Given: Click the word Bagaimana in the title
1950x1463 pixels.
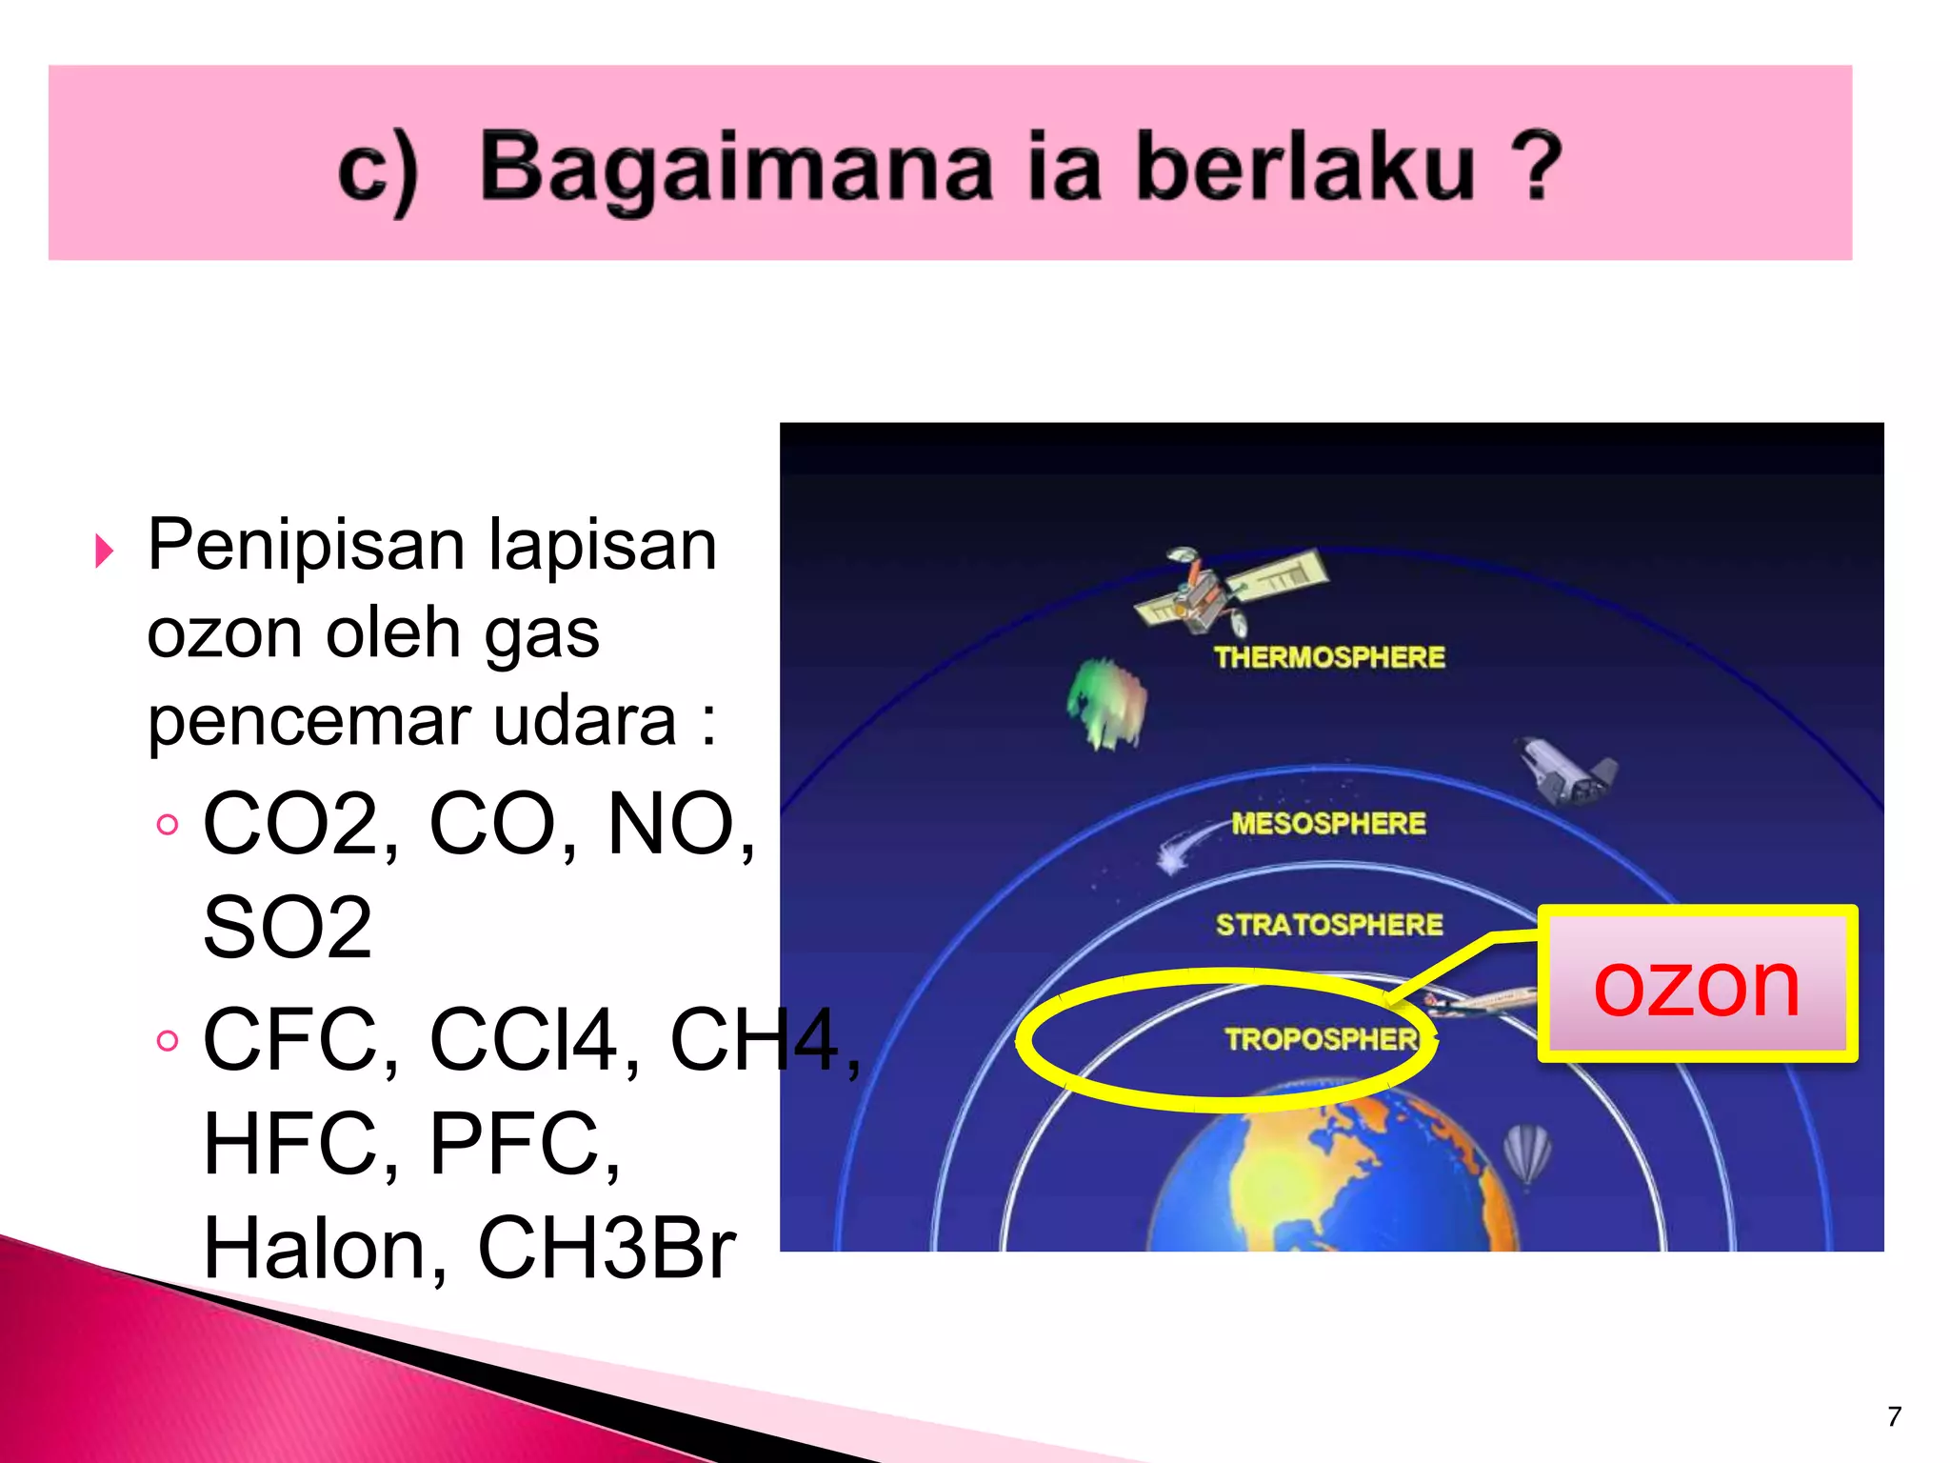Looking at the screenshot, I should pos(735,168).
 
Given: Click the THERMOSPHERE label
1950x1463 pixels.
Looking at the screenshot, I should pos(1329,657).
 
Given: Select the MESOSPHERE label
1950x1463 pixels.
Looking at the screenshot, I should pos(1328,823).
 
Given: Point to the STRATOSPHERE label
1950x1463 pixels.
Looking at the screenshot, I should pos(1329,924).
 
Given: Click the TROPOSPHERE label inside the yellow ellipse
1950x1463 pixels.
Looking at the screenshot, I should pos(1322,1038).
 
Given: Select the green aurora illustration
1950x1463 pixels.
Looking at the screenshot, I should pos(1107,705).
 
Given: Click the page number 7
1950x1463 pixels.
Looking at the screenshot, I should pos(1894,1416).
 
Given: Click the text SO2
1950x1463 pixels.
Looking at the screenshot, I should pos(288,928).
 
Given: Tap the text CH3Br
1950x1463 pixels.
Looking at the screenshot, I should pos(607,1248).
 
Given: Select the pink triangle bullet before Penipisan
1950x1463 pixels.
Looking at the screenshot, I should pos(105,551).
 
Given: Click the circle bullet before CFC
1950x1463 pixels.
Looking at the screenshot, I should pos(168,1040).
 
